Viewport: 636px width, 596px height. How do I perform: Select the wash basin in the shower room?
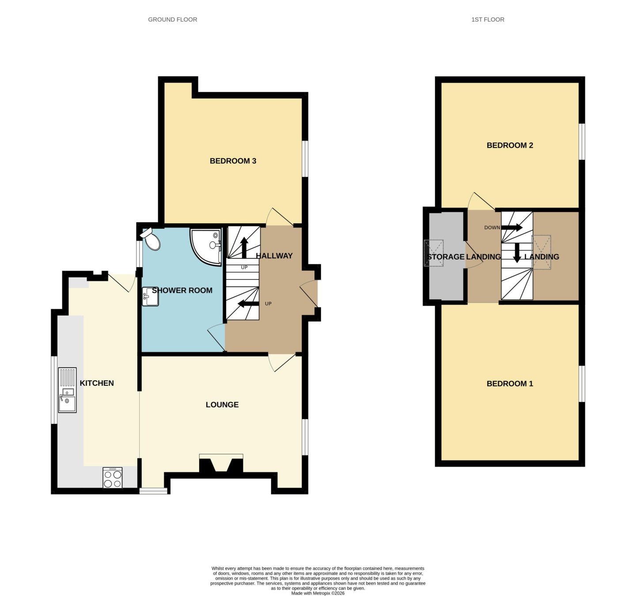click(151, 296)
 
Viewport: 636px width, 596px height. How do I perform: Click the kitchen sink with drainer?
click(67, 390)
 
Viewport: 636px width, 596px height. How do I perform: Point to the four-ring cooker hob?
click(113, 478)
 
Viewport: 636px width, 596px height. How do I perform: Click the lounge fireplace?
click(221, 464)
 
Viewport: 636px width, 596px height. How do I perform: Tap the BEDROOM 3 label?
click(233, 161)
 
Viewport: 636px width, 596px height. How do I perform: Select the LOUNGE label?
click(222, 404)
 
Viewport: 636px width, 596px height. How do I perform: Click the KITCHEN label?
click(97, 383)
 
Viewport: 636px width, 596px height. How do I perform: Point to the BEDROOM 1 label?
click(510, 383)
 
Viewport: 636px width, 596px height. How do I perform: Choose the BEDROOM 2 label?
click(510, 145)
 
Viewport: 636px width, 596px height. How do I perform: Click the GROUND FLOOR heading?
click(172, 19)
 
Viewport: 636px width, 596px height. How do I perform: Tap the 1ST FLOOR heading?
click(488, 19)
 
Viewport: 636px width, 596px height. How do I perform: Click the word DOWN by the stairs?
click(492, 227)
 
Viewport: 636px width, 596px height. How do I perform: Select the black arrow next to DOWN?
click(511, 227)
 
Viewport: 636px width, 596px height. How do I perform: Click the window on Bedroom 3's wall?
click(305, 158)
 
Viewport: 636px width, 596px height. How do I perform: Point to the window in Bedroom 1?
click(582, 383)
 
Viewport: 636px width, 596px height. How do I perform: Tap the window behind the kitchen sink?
click(54, 390)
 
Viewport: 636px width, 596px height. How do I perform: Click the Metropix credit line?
click(318, 593)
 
